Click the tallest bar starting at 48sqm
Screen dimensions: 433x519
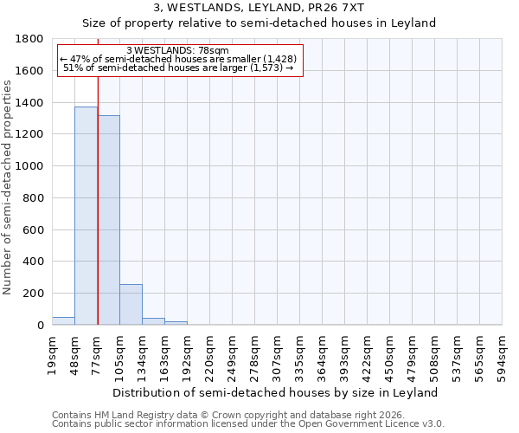click(86, 216)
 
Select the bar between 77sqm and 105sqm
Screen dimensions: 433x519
click(108, 220)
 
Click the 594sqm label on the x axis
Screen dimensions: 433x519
click(502, 355)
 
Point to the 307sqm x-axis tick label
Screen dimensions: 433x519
click(277, 355)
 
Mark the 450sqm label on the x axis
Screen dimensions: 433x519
click(389, 355)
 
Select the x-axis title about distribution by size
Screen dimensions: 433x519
click(277, 392)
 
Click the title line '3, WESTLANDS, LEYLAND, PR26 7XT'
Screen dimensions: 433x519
click(259, 8)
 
